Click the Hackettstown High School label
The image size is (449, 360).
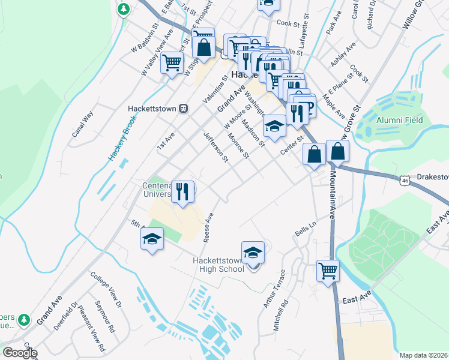pos(218,264)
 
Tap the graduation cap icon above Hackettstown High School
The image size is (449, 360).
pos(253,251)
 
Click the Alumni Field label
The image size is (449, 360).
pos(399,120)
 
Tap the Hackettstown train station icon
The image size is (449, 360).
pos(184,109)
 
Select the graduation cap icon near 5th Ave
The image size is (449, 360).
pos(152,239)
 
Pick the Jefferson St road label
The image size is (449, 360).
pos(217,147)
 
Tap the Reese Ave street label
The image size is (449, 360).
pos(209,227)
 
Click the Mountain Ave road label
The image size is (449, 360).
pos(331,194)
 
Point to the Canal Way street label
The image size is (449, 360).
pos(82,125)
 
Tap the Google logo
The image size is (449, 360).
pos(20,353)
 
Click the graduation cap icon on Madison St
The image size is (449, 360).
pos(274,126)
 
